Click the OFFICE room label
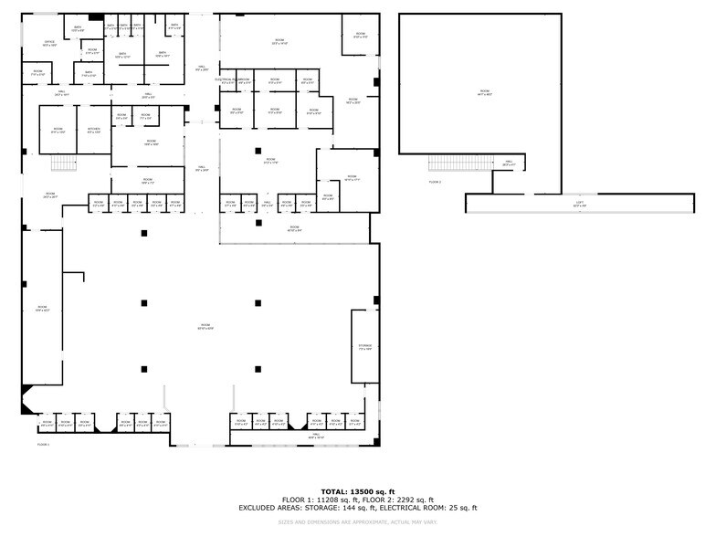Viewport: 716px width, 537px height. click(x=49, y=42)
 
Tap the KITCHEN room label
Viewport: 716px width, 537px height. click(x=93, y=131)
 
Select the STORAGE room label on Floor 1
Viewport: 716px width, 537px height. click(x=365, y=346)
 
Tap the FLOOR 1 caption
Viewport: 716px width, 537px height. click(x=43, y=444)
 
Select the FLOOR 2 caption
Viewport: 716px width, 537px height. click(x=435, y=182)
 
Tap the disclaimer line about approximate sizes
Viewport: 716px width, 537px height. click(x=357, y=522)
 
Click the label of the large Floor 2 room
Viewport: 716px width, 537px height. click(x=484, y=91)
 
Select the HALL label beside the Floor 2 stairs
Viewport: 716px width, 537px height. click(x=509, y=163)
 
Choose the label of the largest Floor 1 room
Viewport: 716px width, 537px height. click(x=205, y=326)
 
